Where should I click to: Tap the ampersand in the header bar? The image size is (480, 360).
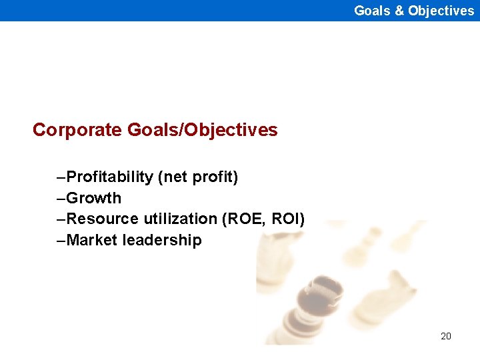(x=397, y=11)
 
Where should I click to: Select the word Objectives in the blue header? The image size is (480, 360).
(x=441, y=11)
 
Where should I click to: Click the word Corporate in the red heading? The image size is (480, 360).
(x=76, y=130)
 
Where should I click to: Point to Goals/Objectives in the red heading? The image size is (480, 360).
(x=201, y=130)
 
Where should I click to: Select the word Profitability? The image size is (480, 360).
(x=110, y=177)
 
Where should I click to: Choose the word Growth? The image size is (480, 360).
(x=94, y=198)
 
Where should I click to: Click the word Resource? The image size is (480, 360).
(x=99, y=219)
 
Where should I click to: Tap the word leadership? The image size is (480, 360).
(x=162, y=240)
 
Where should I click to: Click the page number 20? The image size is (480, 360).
(x=446, y=336)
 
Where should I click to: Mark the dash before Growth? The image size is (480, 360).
(x=62, y=199)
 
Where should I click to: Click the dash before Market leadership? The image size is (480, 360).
(x=62, y=241)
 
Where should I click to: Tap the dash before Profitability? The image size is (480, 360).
(x=62, y=178)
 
